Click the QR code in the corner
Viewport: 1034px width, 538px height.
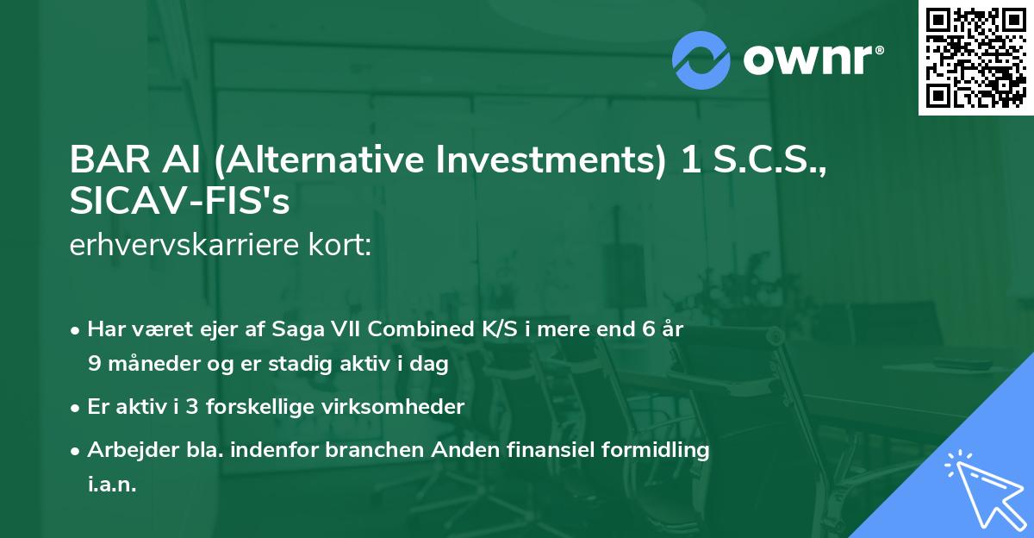click(x=976, y=58)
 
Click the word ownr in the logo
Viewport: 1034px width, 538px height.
click(x=813, y=59)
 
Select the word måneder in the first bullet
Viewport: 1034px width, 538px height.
click(x=151, y=364)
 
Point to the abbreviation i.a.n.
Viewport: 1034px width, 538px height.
click(x=112, y=485)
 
